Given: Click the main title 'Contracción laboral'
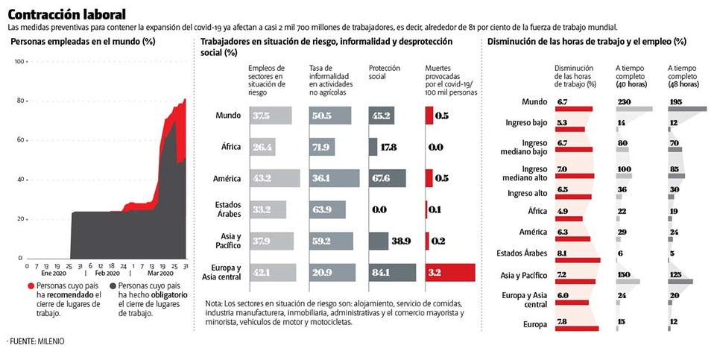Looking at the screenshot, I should coord(66,14).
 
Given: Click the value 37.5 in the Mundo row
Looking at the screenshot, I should coord(261,116).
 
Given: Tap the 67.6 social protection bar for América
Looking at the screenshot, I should coord(387,178).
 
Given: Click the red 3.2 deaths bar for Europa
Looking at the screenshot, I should coord(449,273).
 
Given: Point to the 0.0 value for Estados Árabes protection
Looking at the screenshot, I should coord(379,209).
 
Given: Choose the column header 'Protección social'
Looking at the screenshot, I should coord(384,72).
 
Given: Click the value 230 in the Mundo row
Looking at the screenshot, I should coord(625,101).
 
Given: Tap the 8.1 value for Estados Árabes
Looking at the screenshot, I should coord(563,253).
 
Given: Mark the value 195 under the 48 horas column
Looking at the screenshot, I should coord(676,101).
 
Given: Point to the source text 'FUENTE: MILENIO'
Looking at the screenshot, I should coord(37,341).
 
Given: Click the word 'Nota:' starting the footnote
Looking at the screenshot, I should coord(214,304).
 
